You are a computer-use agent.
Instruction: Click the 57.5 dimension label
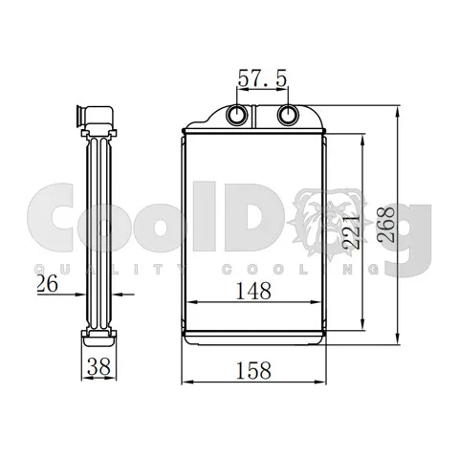coord(262,78)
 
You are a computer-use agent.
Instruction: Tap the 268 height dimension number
coord(386,224)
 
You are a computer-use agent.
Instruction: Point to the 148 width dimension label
coord(253,291)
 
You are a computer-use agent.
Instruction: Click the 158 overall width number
coord(253,370)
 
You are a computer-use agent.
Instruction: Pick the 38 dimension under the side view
coord(98,366)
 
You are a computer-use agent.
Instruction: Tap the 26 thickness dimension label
coord(48,283)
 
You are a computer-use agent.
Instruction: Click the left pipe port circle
coord(237,115)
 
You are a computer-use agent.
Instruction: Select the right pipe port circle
coord(288,115)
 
